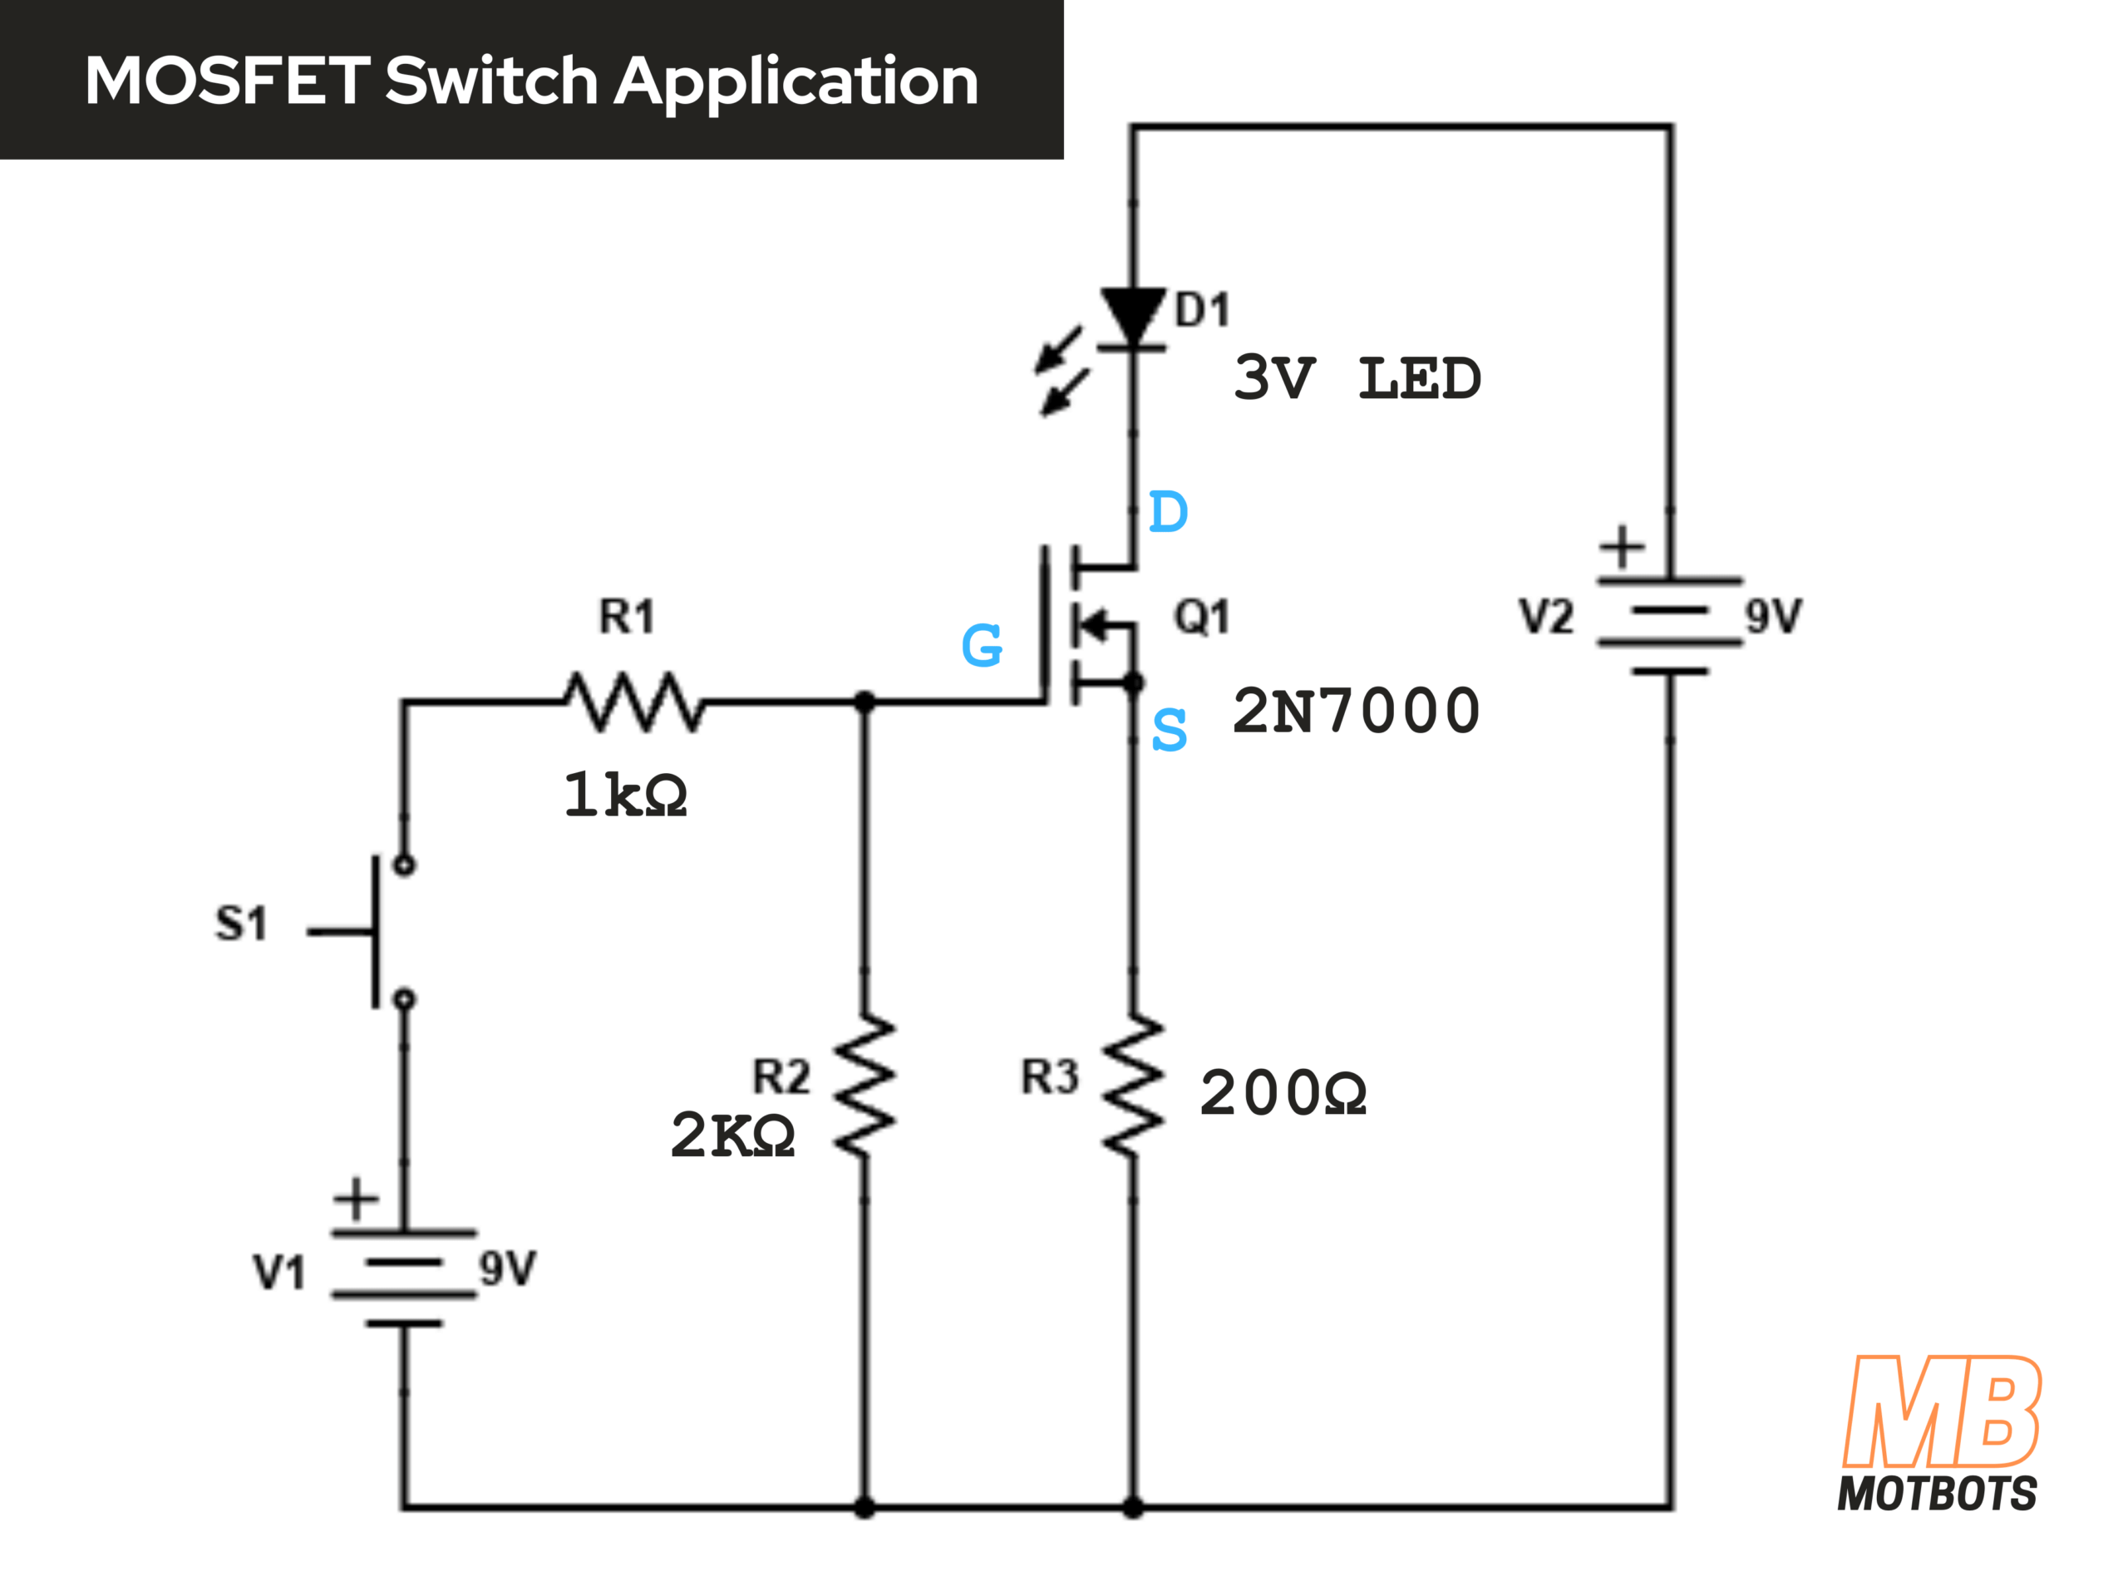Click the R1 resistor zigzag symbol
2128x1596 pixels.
tap(635, 702)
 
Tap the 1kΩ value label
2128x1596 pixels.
tap(625, 796)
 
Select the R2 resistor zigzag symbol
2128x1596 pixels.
tap(864, 1085)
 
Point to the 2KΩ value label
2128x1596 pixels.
tap(733, 1135)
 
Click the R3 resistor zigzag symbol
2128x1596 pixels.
tap(1133, 1085)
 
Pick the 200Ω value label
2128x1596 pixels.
tap(1283, 1094)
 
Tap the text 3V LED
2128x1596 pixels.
tap(1357, 378)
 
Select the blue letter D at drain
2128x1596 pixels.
tap(1169, 512)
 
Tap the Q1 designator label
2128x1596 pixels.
tap(1201, 617)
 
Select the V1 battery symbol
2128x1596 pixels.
tap(404, 1278)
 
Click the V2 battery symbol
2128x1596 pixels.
tap(1670, 625)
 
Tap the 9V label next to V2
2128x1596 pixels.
tap(1774, 617)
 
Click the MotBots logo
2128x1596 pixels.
tap(1939, 1433)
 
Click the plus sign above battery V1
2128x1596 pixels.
tap(356, 1199)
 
